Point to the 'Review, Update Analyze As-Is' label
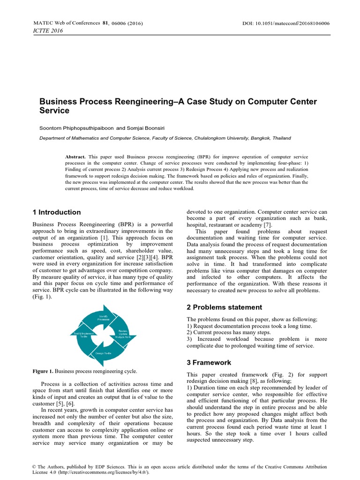pyautogui.click(x=123, y=335)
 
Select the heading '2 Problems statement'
pyautogui.click(x=225, y=307)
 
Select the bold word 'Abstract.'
pyautogui.click(x=75, y=156)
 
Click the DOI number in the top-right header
pyautogui.click(x=300, y=23)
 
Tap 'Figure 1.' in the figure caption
pyautogui.click(x=43, y=371)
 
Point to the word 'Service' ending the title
pyautogui.click(x=54, y=111)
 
